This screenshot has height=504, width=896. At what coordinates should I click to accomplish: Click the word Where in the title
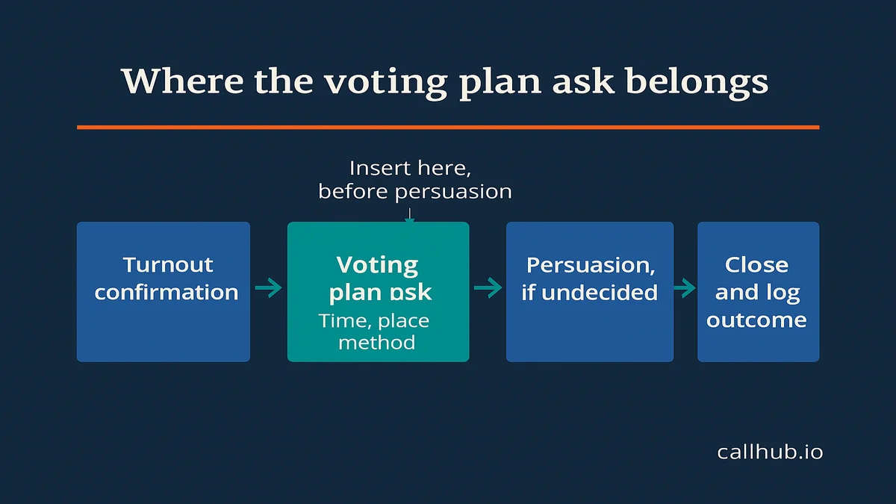click(182, 81)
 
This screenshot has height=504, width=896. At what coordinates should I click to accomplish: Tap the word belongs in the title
click(697, 82)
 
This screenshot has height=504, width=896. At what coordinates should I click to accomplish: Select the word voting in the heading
click(386, 83)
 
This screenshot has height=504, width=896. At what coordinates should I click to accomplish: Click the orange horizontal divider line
click(448, 128)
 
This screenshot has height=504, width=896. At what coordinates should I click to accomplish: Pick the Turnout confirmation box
click(164, 292)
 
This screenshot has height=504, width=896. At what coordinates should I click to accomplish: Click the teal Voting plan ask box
click(378, 292)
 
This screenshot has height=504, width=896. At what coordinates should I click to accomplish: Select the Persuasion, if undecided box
click(590, 292)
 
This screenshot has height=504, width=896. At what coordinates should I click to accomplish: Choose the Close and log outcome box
click(758, 292)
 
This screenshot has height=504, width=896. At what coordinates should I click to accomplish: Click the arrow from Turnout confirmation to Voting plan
click(268, 287)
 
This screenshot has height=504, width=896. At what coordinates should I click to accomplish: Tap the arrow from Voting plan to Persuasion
click(488, 287)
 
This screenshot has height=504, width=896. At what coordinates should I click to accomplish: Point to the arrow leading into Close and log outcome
click(685, 287)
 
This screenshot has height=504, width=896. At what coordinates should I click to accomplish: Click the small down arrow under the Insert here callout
click(410, 215)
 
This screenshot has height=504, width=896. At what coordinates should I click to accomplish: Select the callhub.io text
click(770, 452)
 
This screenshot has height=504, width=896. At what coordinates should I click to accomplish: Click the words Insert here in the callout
click(410, 168)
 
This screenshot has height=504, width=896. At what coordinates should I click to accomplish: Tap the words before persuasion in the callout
click(415, 192)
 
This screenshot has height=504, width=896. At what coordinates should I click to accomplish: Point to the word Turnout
click(168, 265)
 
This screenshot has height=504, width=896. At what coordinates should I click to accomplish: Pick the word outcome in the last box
click(756, 320)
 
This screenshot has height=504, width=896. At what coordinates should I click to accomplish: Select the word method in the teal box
click(377, 343)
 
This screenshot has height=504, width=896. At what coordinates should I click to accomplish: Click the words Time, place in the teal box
click(373, 321)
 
